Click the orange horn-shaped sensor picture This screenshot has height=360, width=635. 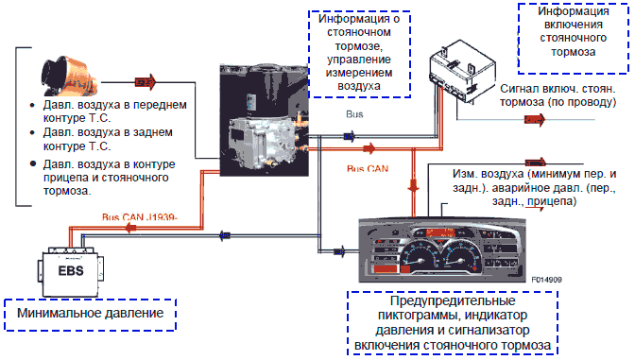tap(69, 77)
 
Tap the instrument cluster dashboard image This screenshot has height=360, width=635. tap(442, 249)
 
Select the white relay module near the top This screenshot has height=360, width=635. tap(462, 71)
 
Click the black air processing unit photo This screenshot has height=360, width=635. tap(264, 120)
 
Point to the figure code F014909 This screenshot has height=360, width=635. tap(547, 280)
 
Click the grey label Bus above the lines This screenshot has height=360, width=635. tap(354, 114)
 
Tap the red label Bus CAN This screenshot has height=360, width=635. tap(368, 168)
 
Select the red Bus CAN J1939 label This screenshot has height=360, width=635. tap(139, 217)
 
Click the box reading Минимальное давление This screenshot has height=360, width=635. tap(91, 315)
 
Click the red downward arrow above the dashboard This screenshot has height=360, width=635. tap(413, 186)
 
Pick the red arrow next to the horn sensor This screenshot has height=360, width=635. tap(146, 82)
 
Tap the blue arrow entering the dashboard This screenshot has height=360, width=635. tap(339, 251)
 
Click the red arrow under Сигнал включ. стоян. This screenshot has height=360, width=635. tap(535, 119)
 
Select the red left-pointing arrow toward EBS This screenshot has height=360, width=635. tap(130, 229)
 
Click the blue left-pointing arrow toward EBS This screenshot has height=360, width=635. tap(225, 235)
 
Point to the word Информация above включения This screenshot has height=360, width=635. tap(573, 11)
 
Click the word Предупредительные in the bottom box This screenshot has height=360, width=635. tap(453, 300)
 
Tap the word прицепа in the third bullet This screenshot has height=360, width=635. tap(65, 178)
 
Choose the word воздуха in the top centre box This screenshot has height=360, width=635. tap(359, 86)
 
